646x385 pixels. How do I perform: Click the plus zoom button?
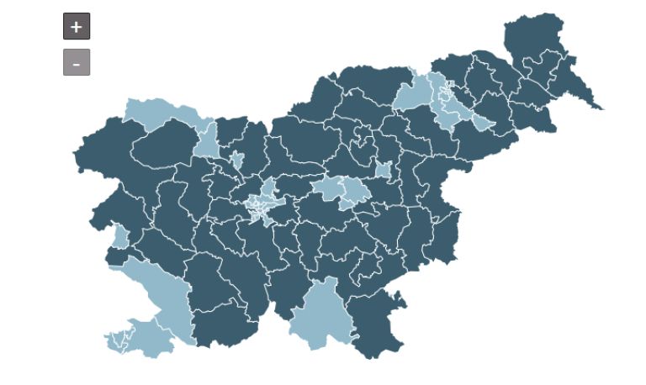click(76, 26)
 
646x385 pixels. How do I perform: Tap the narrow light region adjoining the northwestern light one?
click(206, 140)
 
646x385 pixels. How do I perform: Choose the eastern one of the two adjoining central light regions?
click(355, 192)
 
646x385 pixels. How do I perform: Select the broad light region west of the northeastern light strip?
click(412, 95)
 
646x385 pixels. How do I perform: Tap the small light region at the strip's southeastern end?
click(481, 123)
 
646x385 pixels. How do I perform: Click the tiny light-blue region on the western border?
click(121, 238)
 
